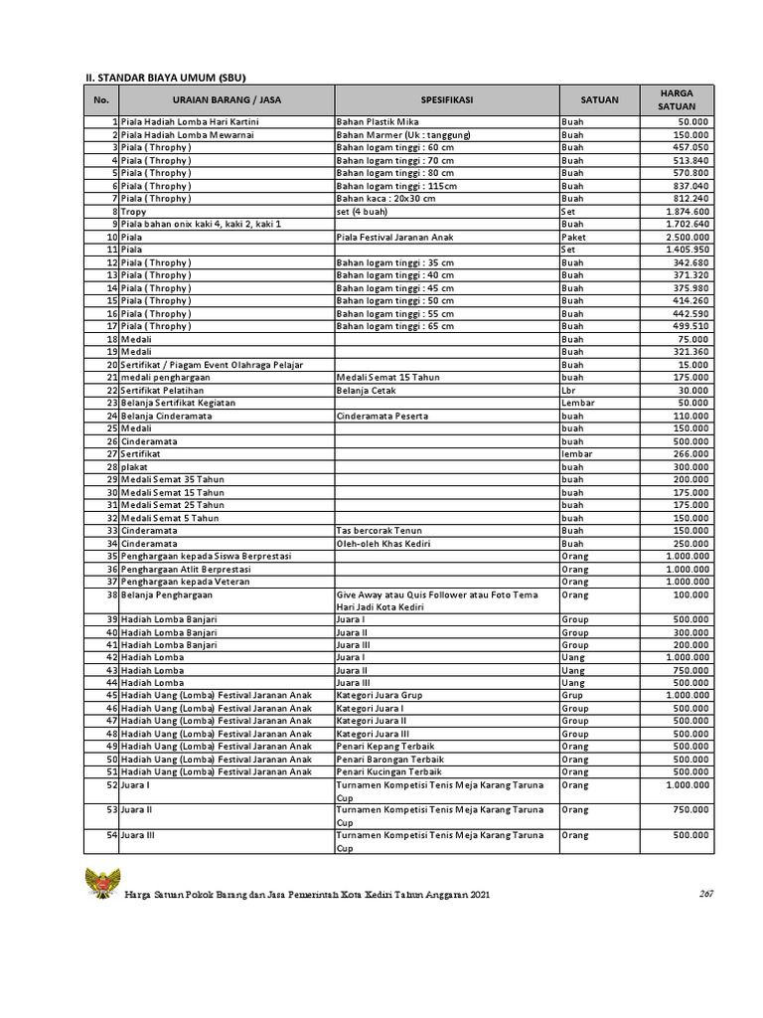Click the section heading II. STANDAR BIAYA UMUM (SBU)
(x=164, y=78)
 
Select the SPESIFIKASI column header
(x=445, y=100)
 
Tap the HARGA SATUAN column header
(x=676, y=99)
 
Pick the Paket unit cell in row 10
(x=574, y=238)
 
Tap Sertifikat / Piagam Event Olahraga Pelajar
(x=211, y=365)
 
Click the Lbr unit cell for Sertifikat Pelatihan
(x=569, y=391)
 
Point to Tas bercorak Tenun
(x=381, y=531)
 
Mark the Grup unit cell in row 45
(x=573, y=696)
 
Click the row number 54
(x=112, y=836)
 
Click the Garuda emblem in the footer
(x=102, y=882)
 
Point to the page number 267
(x=706, y=894)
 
